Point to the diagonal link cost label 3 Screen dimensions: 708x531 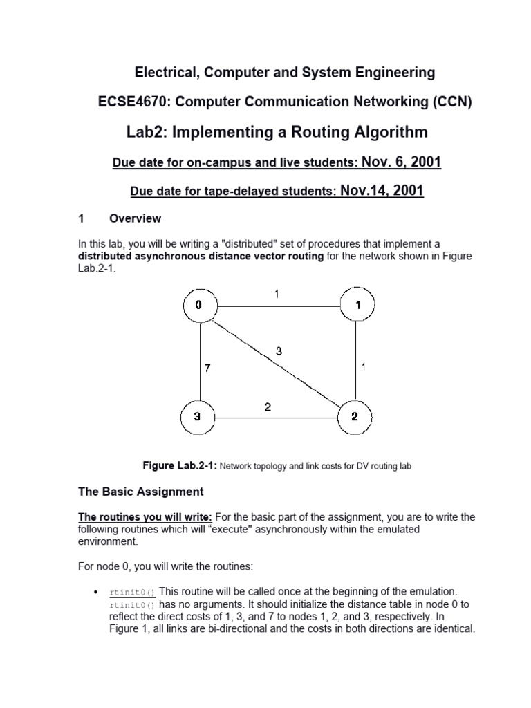tap(279, 351)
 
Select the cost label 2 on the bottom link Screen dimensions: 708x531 tap(267, 408)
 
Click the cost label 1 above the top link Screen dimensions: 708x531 tap(277, 293)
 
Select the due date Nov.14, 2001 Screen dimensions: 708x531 tap(382, 190)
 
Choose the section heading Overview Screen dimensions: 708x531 tap(135, 218)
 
